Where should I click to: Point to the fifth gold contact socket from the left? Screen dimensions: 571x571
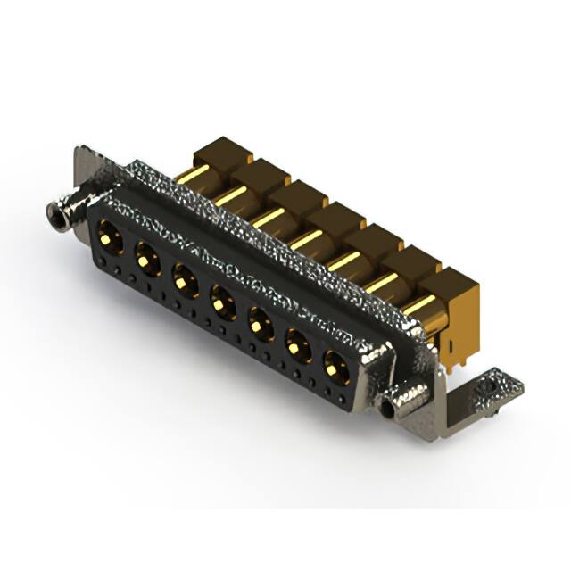[x=259, y=322]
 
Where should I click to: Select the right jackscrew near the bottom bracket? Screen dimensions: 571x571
[x=390, y=408]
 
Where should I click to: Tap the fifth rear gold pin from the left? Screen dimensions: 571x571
[x=343, y=261]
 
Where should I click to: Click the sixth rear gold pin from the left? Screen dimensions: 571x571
[x=379, y=283]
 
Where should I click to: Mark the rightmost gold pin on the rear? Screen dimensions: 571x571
[x=417, y=305]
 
